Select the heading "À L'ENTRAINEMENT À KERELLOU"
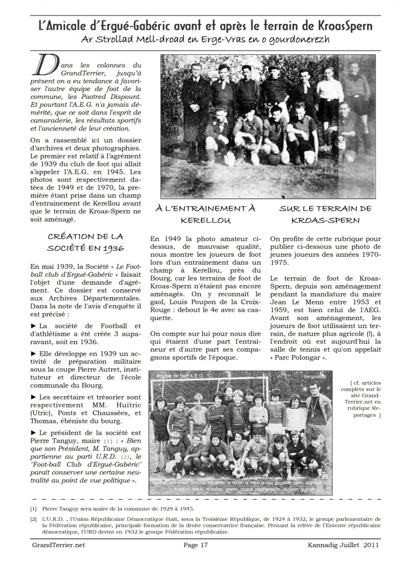click(206, 214)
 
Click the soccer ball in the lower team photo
click(238, 473)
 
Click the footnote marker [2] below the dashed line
click(34, 519)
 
